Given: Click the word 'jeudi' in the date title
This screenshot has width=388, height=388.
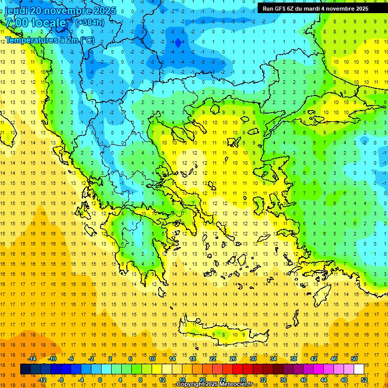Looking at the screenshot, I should tap(16, 11).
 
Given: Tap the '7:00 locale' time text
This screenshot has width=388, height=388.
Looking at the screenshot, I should tap(35, 23).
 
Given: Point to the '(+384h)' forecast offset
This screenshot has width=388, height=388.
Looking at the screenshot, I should tap(90, 23).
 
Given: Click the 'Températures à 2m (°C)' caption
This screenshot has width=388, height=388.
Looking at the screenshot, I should tap(49, 40).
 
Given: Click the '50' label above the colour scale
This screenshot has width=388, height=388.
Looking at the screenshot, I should tap(354, 359).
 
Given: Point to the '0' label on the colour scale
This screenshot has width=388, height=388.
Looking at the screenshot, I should tap(100, 380).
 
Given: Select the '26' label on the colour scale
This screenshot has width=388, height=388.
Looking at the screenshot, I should tap(233, 359).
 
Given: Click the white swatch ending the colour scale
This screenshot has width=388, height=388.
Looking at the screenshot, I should tap(359, 369).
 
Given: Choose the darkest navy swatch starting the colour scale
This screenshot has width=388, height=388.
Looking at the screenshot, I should tap(25, 369).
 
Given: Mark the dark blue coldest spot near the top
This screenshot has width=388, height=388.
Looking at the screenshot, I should tap(177, 43).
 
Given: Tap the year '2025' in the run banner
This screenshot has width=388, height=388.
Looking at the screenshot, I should tap(359, 9).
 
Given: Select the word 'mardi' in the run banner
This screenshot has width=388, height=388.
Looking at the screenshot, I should tap(313, 9).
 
